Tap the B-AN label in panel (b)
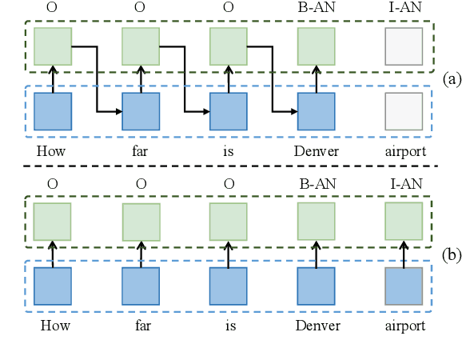317,183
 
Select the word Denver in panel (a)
317,150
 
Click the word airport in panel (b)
404,326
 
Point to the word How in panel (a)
52,150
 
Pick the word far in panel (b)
141,326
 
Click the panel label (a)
450,78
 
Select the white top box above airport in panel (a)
404,46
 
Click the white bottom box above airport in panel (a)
404,112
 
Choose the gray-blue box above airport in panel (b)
404,286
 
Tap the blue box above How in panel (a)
52,112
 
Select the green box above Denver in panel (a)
317,46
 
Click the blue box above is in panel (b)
229,286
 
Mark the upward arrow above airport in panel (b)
404,254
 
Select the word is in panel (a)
229,150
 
